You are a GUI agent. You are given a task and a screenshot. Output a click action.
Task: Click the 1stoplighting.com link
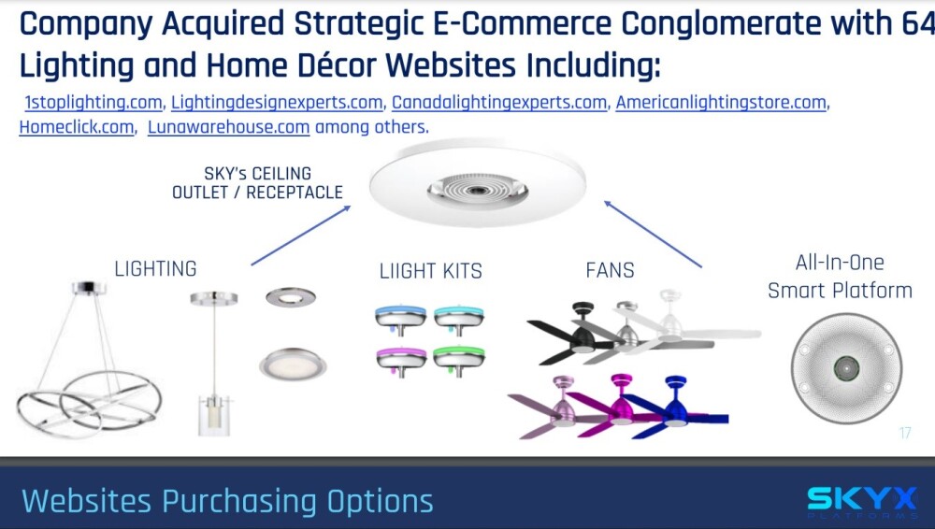point(93,103)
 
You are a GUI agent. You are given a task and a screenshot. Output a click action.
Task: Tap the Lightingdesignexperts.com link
point(277,103)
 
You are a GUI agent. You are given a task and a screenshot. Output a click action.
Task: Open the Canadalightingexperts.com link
point(499,103)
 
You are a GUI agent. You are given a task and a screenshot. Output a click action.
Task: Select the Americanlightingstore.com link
point(721,103)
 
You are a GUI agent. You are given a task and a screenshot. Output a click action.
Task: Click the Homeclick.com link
point(77,127)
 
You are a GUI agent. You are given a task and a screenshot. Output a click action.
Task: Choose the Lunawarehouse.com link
point(228,127)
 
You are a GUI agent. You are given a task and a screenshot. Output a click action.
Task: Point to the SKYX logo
point(862,503)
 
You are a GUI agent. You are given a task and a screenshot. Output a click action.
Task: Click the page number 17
point(904,433)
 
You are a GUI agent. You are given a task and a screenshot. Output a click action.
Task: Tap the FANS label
point(610,271)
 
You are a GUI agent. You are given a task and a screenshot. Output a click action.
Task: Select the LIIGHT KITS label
point(430,271)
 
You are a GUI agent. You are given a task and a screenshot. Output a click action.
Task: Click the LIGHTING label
point(155,269)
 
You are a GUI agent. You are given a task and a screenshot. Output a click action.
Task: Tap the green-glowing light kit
point(458,360)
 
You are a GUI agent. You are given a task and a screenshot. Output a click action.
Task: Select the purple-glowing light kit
point(401,362)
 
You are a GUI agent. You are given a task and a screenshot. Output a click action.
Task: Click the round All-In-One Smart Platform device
point(846,368)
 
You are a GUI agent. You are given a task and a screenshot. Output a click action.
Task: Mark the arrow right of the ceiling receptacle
point(653,234)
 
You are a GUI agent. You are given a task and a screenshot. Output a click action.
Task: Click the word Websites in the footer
point(86,500)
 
